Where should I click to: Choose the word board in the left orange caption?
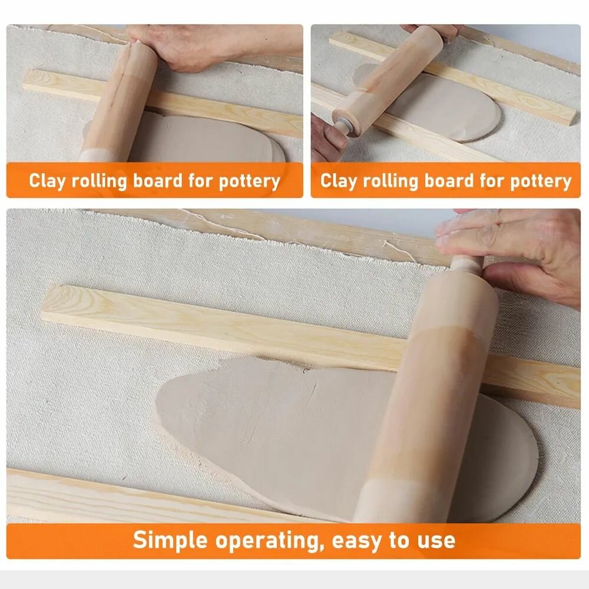pos(158,180)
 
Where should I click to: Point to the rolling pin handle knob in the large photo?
pos(466,263)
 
